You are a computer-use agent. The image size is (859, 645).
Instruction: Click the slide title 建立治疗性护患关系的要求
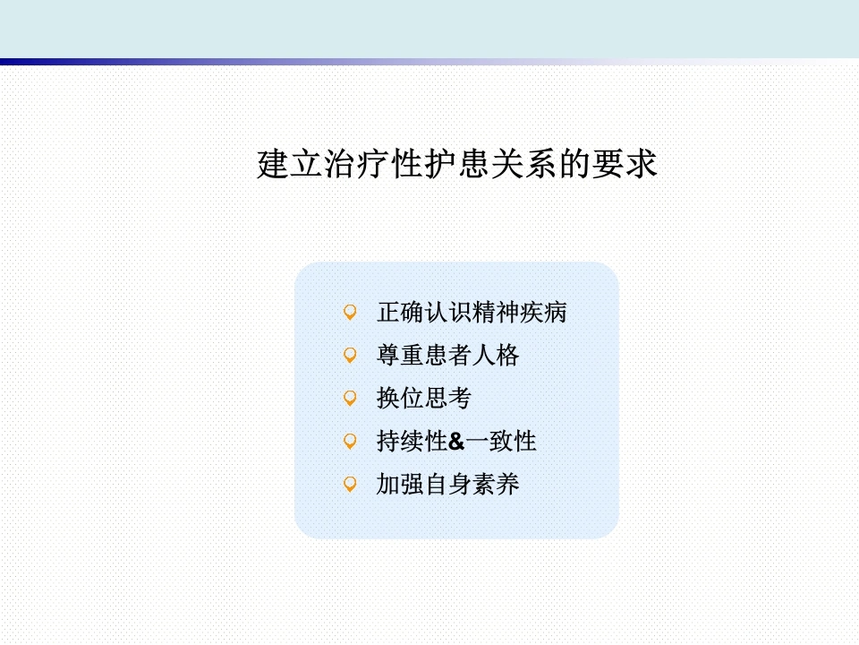[457, 163]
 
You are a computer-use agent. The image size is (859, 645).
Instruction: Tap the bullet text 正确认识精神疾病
[472, 312]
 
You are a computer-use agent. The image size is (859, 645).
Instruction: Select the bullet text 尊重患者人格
[447, 355]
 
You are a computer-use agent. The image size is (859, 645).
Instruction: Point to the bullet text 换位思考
[424, 398]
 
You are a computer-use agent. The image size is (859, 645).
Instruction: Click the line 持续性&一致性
[456, 441]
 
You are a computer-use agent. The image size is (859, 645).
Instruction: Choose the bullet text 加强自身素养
[447, 484]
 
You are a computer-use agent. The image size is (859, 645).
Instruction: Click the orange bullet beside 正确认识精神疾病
[350, 312]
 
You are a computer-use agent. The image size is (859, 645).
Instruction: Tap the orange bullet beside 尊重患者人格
[350, 355]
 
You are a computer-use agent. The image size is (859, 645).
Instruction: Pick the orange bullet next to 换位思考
[350, 398]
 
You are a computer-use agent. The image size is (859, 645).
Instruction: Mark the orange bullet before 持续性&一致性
[350, 441]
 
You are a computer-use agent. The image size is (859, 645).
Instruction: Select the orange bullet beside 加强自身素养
[350, 484]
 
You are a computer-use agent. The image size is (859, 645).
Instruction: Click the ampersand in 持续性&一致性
[456, 442]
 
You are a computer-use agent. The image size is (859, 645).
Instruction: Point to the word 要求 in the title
[624, 163]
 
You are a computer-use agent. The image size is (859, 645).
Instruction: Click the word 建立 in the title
[289, 163]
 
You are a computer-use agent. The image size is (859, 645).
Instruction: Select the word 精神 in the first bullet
[495, 312]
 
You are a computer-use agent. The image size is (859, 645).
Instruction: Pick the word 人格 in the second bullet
[495, 355]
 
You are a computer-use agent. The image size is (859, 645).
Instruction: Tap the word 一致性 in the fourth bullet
[501, 441]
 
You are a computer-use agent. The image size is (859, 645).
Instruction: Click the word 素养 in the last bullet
[495, 484]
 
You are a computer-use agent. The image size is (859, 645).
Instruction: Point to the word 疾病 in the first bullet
[543, 312]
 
